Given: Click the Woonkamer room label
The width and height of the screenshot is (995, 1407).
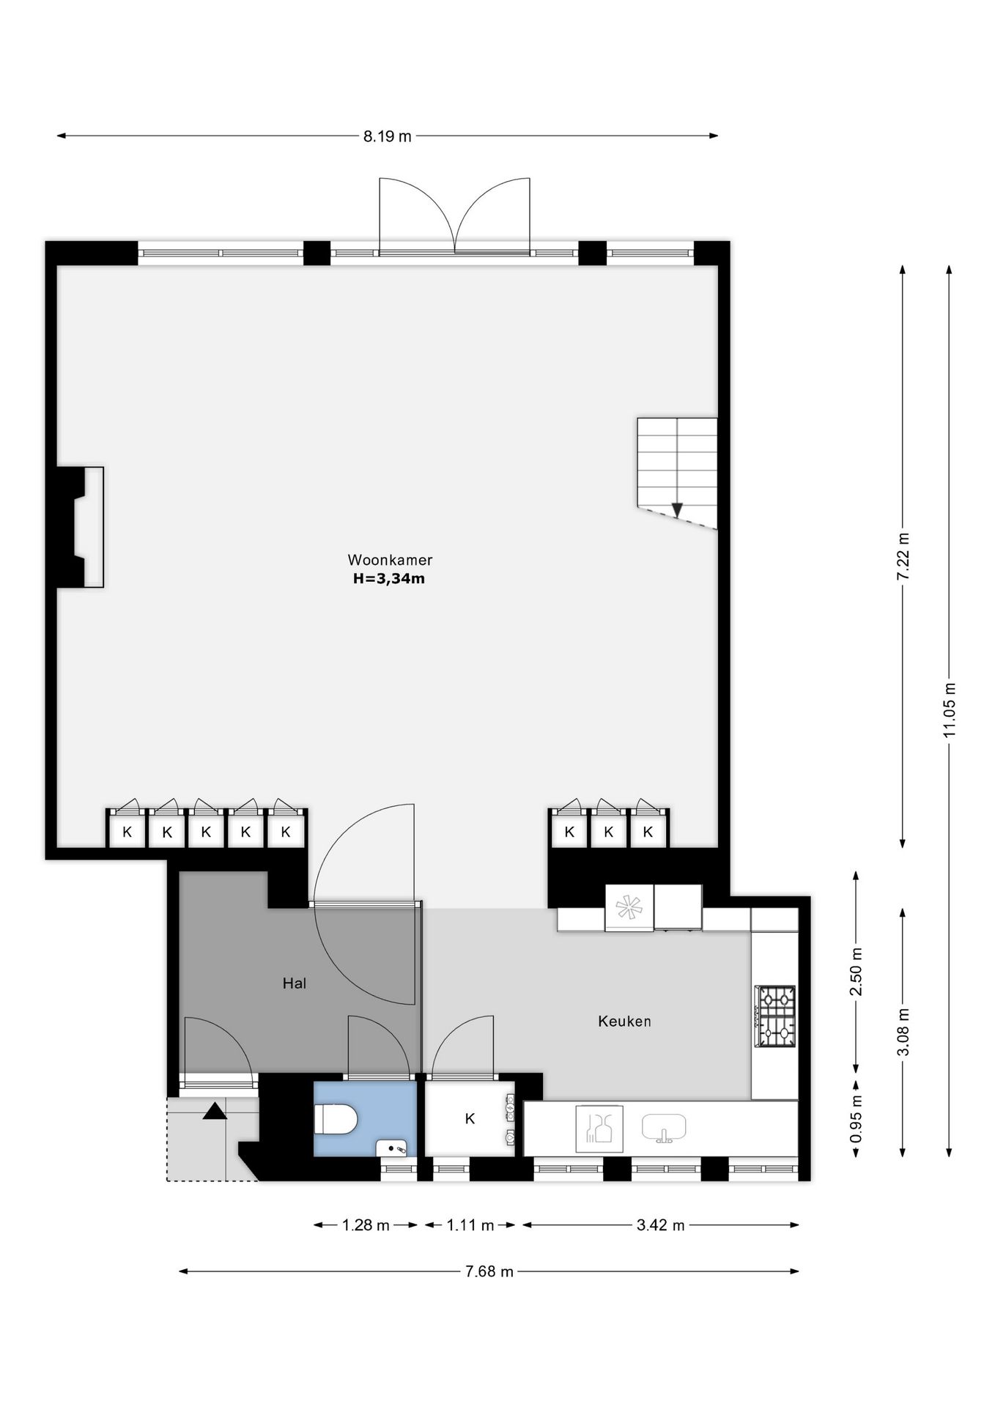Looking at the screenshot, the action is tap(390, 560).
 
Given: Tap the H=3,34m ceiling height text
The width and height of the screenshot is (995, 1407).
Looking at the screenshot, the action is tap(389, 579).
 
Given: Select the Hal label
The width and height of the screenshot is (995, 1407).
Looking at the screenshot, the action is tap(295, 983).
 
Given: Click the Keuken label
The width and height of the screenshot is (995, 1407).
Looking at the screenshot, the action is tap(624, 1021).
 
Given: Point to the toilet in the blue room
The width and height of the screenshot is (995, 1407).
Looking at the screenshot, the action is tap(336, 1120).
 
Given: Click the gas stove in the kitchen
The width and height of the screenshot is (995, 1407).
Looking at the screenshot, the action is tap(776, 1016).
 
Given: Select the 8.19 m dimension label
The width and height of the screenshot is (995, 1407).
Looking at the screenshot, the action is tap(388, 136).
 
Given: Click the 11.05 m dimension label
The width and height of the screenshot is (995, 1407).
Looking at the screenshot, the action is tap(950, 709).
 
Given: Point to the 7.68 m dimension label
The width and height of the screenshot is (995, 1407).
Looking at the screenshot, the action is tap(489, 1271).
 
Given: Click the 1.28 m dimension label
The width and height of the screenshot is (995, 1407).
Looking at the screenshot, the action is tap(366, 1225).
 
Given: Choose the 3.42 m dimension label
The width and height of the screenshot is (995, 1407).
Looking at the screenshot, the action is tap(661, 1225).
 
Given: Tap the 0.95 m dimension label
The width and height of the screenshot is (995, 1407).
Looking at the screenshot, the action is tap(856, 1119).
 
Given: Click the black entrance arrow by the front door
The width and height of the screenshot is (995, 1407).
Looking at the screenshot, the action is tap(215, 1111).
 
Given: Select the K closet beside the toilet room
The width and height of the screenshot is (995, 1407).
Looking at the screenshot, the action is tap(470, 1118).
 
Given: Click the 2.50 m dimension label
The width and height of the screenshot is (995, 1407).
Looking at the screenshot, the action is tap(856, 972).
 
